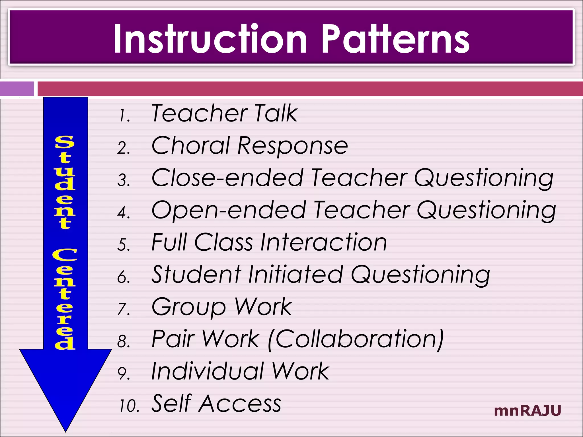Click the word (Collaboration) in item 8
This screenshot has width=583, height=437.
click(356, 339)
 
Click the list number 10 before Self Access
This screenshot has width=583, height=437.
click(129, 406)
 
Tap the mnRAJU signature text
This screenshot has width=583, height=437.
click(527, 411)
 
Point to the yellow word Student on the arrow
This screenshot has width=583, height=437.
click(65, 182)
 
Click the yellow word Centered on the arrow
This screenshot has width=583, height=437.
click(65, 299)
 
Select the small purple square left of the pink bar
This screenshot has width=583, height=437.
click(17, 89)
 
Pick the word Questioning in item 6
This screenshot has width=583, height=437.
click(420, 275)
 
